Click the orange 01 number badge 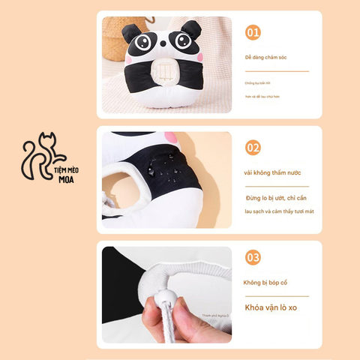pyautogui.click(x=253, y=33)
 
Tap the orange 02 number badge pyautogui.click(x=253, y=148)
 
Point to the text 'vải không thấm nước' pyautogui.click(x=271, y=172)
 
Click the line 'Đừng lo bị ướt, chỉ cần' pyautogui.click(x=275, y=198)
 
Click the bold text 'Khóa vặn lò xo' pyautogui.click(x=270, y=307)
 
